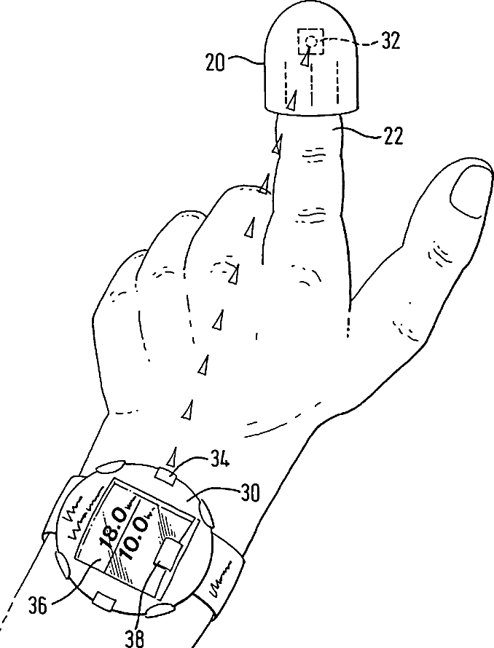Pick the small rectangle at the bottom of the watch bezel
pyautogui.click(x=106, y=601)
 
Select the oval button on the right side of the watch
pyautogui.click(x=205, y=515)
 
